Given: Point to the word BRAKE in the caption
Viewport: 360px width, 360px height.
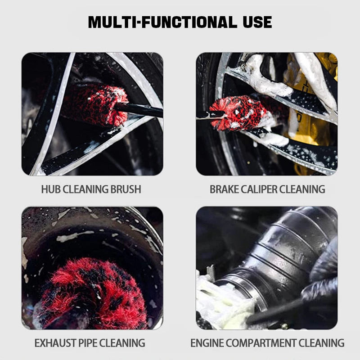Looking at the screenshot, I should click(224, 189).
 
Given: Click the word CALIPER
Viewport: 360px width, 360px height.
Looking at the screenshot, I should click(259, 189).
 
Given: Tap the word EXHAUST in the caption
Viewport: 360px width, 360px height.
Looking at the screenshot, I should click(54, 343).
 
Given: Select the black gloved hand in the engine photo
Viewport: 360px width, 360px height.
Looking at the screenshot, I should click(322, 279).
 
